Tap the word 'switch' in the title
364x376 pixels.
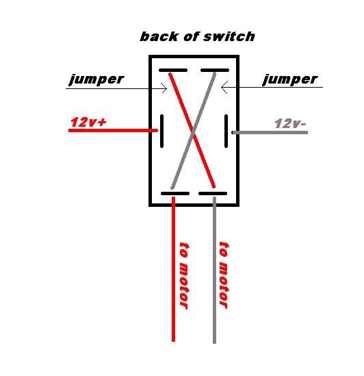(229, 37)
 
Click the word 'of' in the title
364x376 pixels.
(191, 37)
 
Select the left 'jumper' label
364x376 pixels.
(96, 79)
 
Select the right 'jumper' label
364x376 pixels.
(290, 79)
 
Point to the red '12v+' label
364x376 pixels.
(88, 122)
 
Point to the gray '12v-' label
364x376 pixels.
(290, 123)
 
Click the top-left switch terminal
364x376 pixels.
(173, 71)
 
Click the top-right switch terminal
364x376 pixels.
(215, 71)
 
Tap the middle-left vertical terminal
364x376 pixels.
(161, 131)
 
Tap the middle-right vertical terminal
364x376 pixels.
(226, 131)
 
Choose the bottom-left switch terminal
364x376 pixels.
(175, 194)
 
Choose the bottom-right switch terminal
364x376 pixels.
(213, 194)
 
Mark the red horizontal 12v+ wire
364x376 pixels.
(113, 130)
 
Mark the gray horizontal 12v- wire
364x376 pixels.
(270, 132)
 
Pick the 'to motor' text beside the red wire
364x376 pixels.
(183, 275)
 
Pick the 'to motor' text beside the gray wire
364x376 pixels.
(224, 275)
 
